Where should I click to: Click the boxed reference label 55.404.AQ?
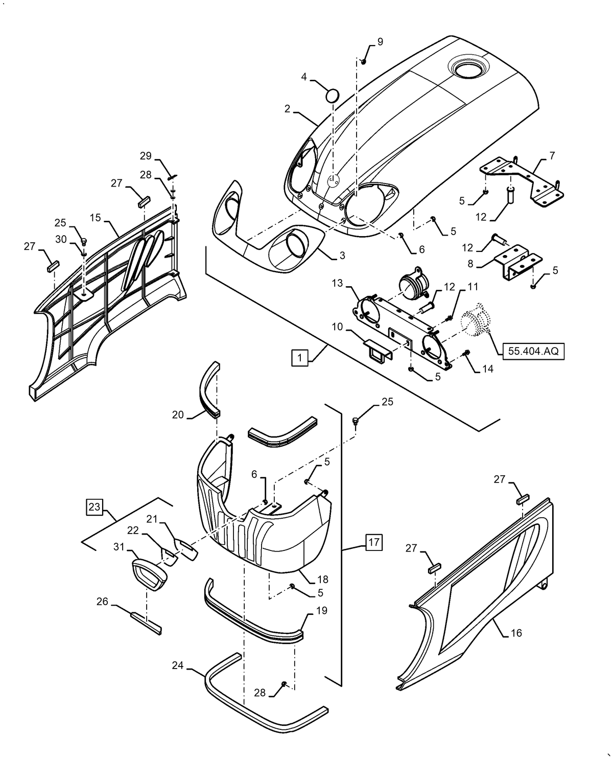(533, 352)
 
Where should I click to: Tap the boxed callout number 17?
(374, 542)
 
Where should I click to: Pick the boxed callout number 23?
(95, 507)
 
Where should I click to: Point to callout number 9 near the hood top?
(380, 42)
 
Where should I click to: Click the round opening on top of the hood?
(469, 69)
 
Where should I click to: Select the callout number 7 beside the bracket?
(552, 155)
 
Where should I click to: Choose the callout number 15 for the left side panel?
(95, 217)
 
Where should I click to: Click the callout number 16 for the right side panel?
(516, 633)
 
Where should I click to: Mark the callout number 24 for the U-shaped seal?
(178, 665)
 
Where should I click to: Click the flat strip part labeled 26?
(146, 623)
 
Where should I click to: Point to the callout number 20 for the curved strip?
(177, 415)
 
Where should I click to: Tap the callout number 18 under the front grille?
(322, 580)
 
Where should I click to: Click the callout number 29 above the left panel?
(146, 155)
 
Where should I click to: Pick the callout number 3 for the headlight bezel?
(342, 256)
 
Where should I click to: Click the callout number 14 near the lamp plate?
(487, 369)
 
